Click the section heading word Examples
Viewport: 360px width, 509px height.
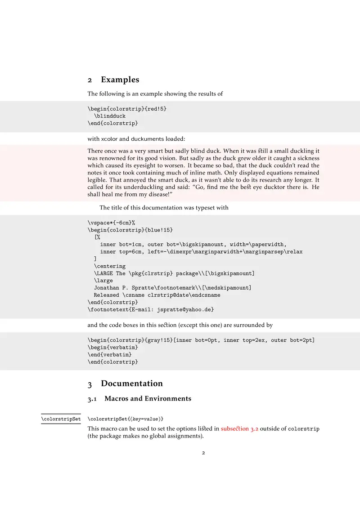click(120, 80)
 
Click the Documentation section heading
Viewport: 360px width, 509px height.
click(131, 384)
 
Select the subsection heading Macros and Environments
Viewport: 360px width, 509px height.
click(148, 398)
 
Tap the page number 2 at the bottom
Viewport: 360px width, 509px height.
click(203, 453)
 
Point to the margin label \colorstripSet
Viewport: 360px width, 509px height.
click(61, 419)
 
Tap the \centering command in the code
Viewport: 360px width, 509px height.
click(109, 266)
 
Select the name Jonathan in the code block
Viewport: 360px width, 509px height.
click(108, 288)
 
